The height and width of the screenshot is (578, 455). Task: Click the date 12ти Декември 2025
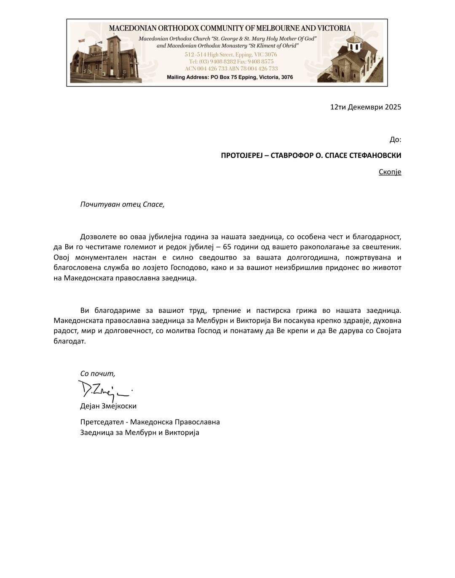[x=366, y=107]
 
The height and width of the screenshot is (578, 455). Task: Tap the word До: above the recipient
[x=395, y=139]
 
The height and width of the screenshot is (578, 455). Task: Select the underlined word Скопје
[x=390, y=172]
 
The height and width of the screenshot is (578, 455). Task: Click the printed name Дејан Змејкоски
[x=108, y=406]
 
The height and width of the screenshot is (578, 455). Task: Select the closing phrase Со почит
[x=97, y=373]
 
